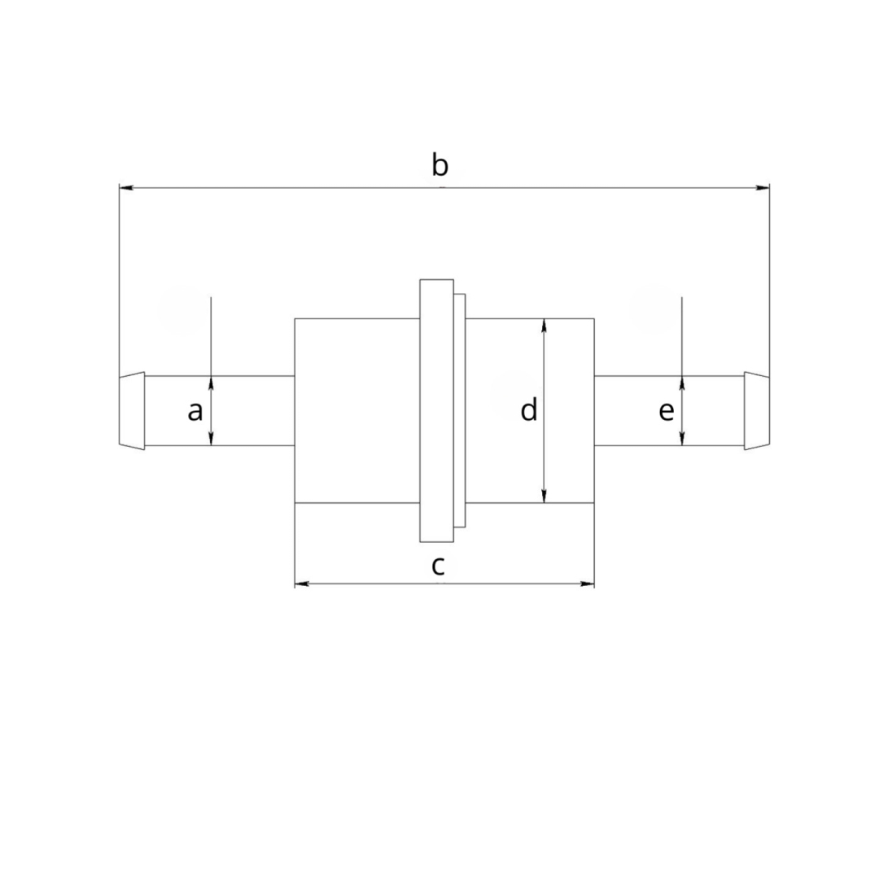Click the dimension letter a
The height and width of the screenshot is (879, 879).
coord(195,412)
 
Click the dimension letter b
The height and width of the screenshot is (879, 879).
coord(440,165)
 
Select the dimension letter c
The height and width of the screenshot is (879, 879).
coord(438,566)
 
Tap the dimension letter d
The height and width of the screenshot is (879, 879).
coord(529,409)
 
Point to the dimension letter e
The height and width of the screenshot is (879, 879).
coord(666,412)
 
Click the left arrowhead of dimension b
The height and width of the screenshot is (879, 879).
coord(126,187)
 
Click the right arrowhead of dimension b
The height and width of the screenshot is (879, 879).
coord(763,187)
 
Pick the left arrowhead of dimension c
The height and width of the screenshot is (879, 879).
coord(302,584)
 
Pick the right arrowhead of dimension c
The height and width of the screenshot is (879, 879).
coord(587,584)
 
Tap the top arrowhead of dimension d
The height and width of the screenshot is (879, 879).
coord(544,326)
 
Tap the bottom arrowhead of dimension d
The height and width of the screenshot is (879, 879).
coord(544,496)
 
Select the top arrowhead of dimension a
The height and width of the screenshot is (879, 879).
coord(211,383)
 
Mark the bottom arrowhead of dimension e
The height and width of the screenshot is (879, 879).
coord(682,439)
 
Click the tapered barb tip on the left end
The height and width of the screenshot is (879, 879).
coord(132,411)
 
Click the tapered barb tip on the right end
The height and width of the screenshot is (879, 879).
coord(757,411)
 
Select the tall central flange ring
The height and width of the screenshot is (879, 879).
coord(437,411)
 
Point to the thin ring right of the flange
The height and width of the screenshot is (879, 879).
coord(460,411)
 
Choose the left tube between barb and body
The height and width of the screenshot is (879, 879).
coord(220,411)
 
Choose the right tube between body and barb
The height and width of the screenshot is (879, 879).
coord(669,411)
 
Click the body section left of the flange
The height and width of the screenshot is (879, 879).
coord(357,411)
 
